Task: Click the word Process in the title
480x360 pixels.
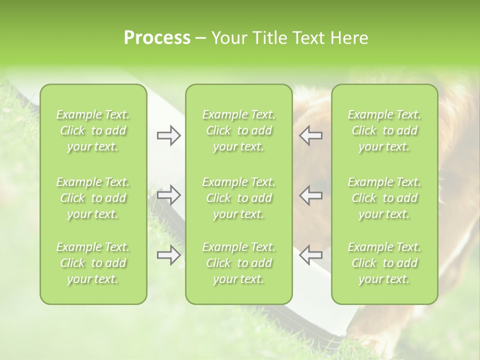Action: click(157, 37)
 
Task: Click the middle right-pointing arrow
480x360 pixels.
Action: click(168, 194)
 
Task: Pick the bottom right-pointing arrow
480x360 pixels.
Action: click(168, 255)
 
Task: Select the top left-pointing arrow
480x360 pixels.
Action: click(310, 135)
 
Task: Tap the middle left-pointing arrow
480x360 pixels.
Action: click(310, 194)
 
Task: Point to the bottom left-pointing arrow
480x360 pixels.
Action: click(310, 255)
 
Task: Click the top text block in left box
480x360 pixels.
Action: click(93, 130)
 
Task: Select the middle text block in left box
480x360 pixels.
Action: click(93, 198)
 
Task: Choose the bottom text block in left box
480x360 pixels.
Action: click(93, 263)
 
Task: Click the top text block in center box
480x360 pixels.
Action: click(239, 130)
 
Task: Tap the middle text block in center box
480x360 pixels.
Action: click(239, 198)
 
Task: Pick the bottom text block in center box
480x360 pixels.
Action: click(239, 263)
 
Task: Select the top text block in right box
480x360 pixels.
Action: click(384, 130)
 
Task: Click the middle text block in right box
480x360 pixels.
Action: click(384, 198)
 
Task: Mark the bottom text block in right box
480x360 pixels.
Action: click(384, 263)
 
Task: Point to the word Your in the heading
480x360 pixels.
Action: click(228, 37)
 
